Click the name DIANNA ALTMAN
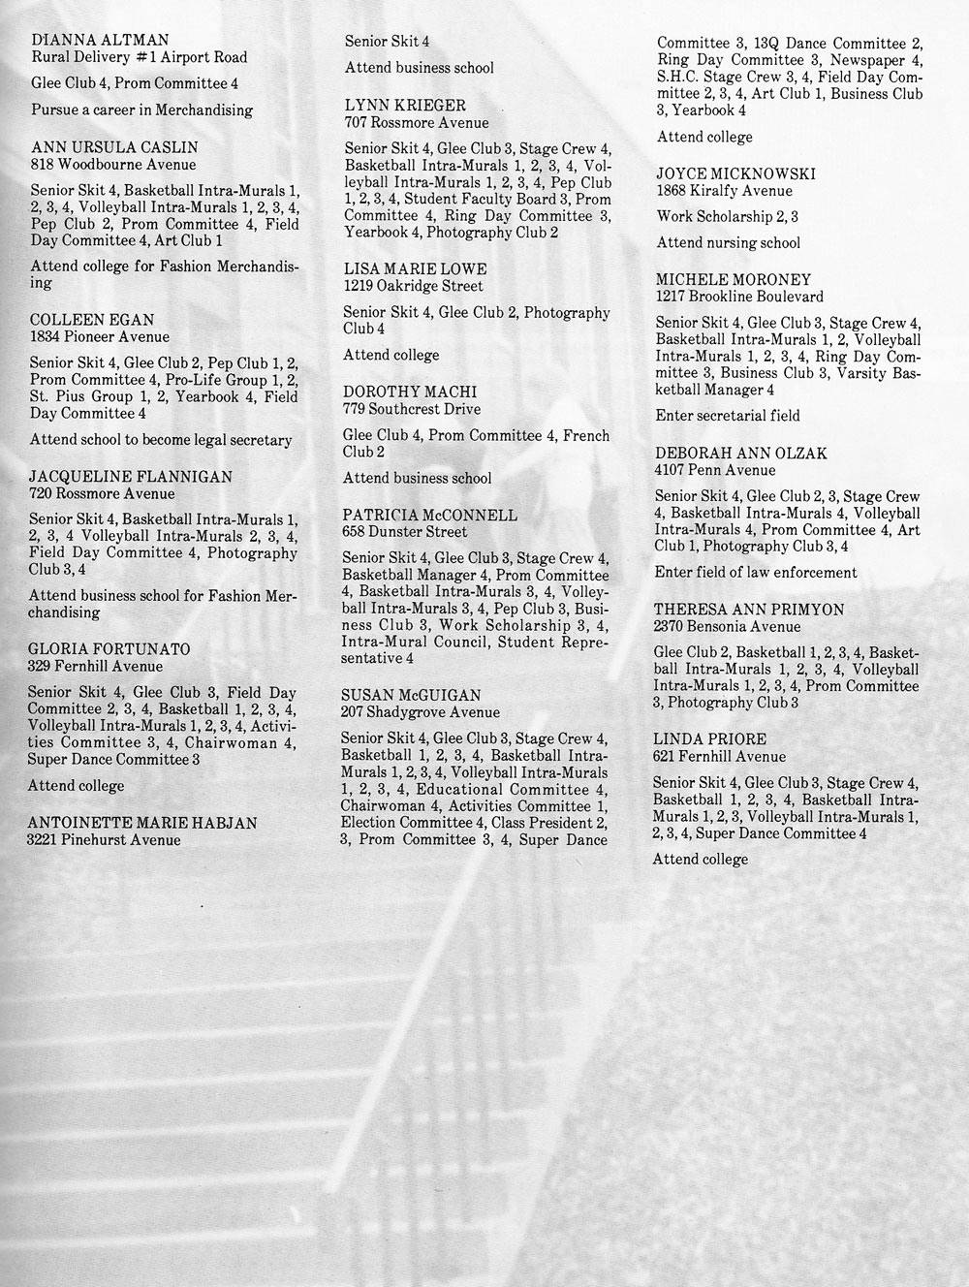click(x=101, y=41)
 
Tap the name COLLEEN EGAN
click(x=92, y=320)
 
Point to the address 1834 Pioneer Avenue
click(x=99, y=337)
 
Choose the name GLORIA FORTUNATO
click(x=109, y=649)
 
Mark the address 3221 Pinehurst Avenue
click(x=104, y=840)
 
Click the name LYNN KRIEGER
click(x=405, y=105)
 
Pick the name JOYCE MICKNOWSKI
click(x=735, y=173)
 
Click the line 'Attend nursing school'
click(x=729, y=242)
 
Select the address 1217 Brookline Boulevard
click(x=739, y=297)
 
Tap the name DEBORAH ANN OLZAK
click(x=741, y=453)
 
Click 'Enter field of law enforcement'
click(x=756, y=572)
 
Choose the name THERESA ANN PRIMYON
click(x=748, y=610)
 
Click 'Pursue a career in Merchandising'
click(x=141, y=110)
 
